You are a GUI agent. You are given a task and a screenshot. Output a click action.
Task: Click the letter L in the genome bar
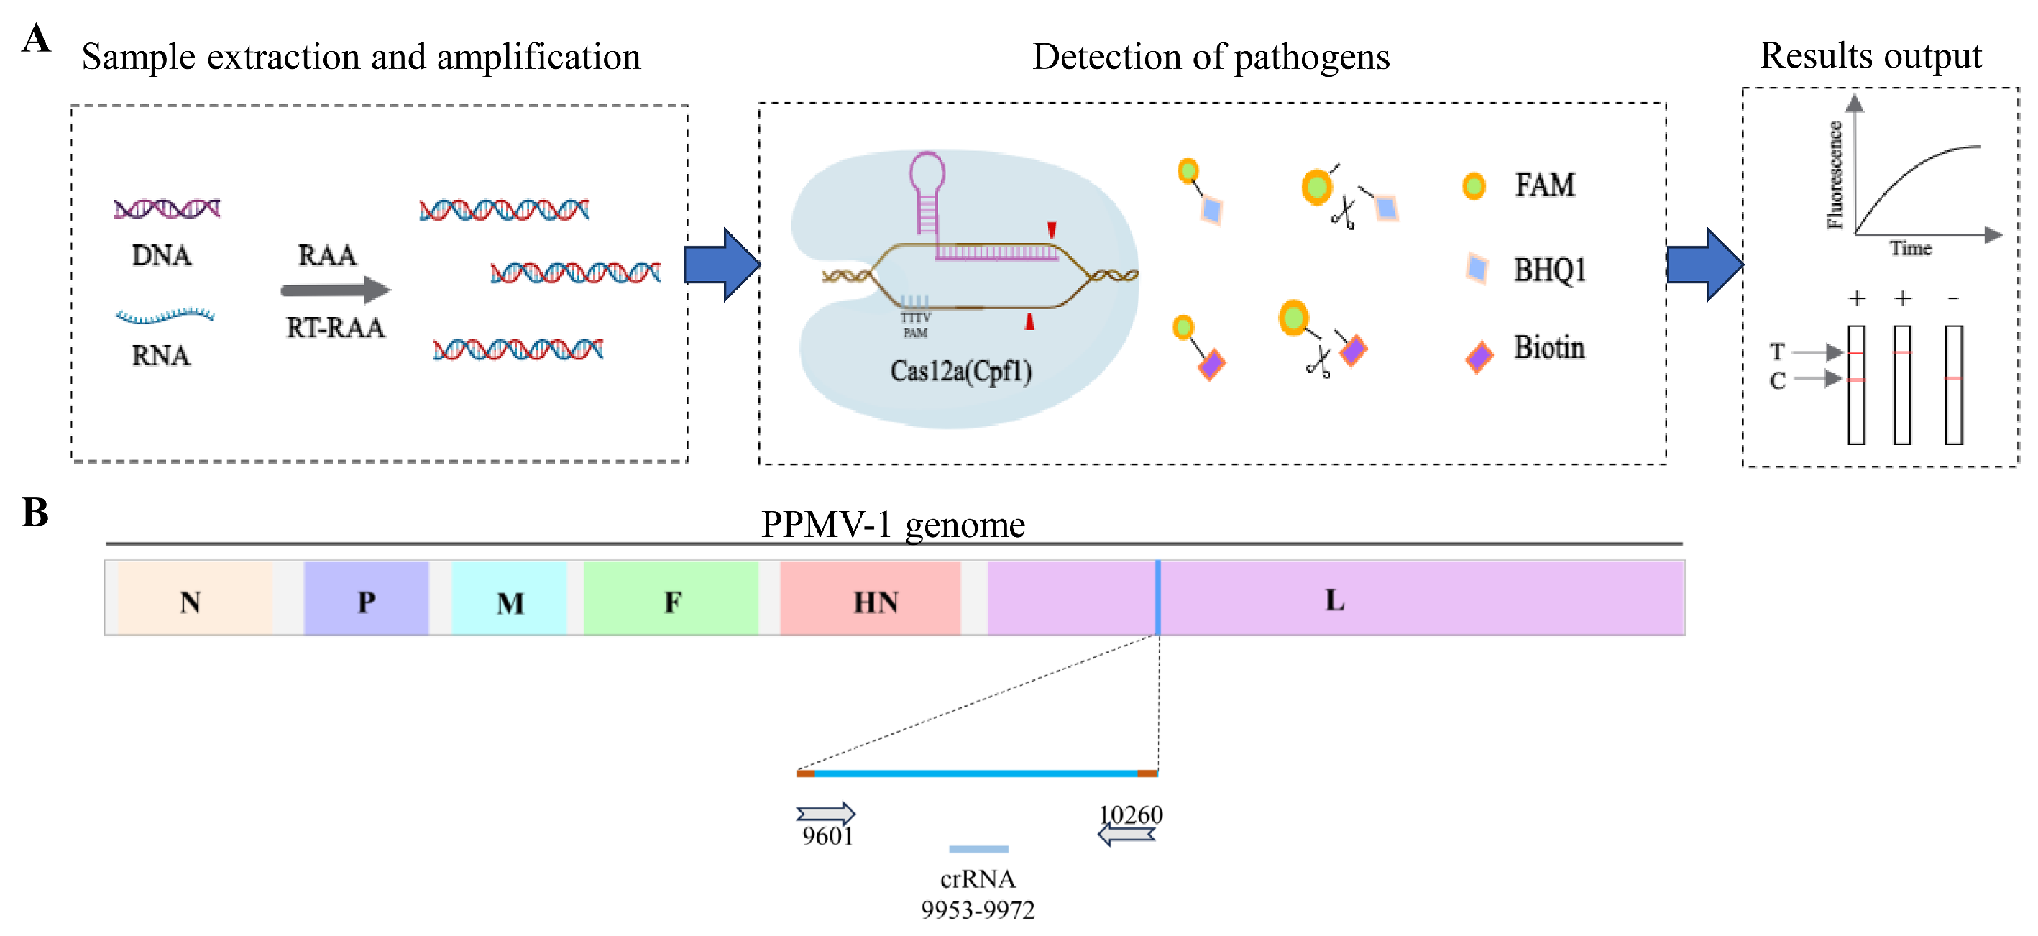(1334, 599)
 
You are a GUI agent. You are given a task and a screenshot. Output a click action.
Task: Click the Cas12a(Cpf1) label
(960, 370)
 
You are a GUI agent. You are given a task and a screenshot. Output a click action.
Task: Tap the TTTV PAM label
(915, 324)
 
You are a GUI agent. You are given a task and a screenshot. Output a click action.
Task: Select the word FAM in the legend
(1543, 185)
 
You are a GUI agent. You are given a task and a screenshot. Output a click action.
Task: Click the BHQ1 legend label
(1548, 270)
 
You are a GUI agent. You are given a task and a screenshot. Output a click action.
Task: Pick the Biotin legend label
(1548, 347)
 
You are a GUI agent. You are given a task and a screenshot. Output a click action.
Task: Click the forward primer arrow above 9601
(825, 813)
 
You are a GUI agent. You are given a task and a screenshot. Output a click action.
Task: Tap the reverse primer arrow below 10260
(1126, 834)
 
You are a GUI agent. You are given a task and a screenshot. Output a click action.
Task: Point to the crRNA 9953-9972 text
(977, 894)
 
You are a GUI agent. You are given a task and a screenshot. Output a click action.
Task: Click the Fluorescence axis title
(1834, 175)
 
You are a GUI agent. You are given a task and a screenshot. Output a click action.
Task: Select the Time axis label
(1910, 249)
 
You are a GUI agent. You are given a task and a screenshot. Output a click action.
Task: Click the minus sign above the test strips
(1952, 298)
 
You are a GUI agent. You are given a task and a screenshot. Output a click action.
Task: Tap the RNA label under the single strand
(160, 355)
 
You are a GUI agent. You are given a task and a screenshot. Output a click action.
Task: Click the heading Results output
(1871, 55)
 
